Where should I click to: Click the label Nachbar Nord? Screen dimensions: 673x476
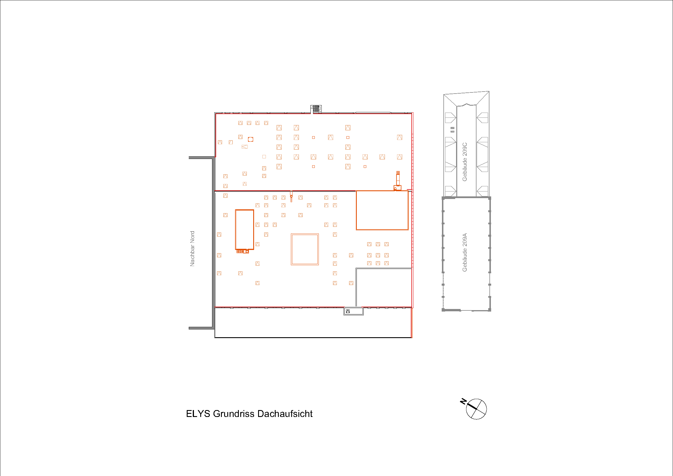(x=192, y=249)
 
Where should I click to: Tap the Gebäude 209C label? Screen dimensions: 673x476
(x=465, y=162)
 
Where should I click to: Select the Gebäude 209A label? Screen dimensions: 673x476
(x=465, y=252)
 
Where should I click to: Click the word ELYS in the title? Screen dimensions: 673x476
(x=198, y=414)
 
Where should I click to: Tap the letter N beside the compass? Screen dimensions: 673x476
(x=463, y=401)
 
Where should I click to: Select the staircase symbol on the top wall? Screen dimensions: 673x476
(x=316, y=109)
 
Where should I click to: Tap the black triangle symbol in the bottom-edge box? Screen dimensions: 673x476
(x=348, y=311)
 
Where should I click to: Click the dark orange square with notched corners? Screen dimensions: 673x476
(x=251, y=139)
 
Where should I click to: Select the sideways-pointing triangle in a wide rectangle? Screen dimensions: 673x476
(x=245, y=147)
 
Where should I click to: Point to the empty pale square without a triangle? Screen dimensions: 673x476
(x=264, y=157)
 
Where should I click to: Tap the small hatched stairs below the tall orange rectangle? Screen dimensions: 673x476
(x=240, y=251)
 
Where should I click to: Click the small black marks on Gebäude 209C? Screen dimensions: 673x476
(x=453, y=129)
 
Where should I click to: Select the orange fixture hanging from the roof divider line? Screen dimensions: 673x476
(x=291, y=196)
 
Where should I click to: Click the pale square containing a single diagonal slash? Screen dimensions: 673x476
(x=231, y=142)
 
